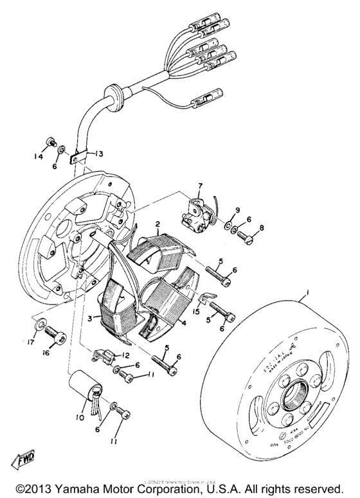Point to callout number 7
(199, 186)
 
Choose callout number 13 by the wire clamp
(99, 154)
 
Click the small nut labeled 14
(48, 142)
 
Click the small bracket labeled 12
(104, 353)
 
